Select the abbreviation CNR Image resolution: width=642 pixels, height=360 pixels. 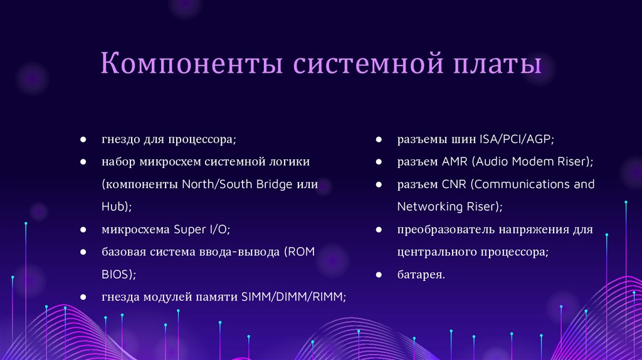[455, 184]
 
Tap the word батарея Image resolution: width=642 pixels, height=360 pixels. [421, 275]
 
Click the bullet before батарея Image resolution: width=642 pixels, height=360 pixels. [379, 275]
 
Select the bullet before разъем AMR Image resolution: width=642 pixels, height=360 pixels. [379, 162]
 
